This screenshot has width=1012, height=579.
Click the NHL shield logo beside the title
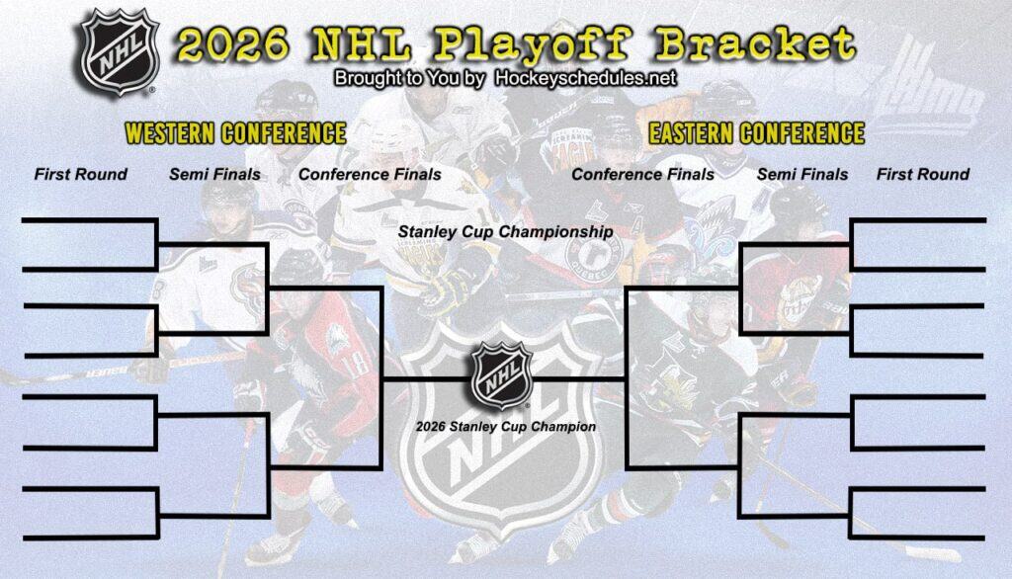click(x=119, y=50)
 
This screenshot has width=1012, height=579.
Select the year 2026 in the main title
click(x=233, y=44)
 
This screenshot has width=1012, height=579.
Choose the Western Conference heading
click(x=235, y=133)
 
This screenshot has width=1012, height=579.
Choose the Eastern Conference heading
click(x=756, y=133)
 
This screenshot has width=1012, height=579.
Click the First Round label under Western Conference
click(x=81, y=175)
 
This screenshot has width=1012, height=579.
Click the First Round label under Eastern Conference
click(x=923, y=175)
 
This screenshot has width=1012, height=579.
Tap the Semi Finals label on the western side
click(x=214, y=175)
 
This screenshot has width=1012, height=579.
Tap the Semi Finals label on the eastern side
click(x=802, y=175)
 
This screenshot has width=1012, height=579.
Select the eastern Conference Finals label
click(x=642, y=175)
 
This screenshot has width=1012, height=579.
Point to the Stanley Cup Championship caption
click(x=505, y=232)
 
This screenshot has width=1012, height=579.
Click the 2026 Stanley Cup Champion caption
click(x=505, y=428)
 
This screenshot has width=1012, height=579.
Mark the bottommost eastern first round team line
click(x=918, y=538)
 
